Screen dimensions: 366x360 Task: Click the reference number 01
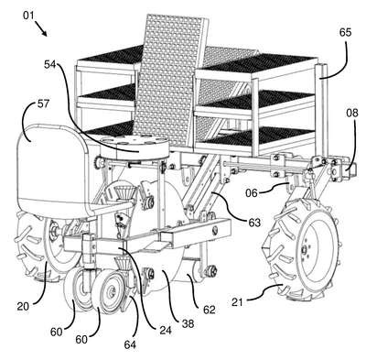29,16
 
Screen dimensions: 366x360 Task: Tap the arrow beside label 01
41,28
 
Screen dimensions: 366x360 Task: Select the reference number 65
345,32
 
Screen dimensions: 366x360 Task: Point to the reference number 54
51,64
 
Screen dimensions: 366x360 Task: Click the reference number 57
43,104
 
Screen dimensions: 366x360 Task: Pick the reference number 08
352,114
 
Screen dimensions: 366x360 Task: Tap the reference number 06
252,193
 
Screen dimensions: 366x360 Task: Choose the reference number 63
254,223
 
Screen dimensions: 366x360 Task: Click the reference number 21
238,302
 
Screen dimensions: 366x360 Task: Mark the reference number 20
24,306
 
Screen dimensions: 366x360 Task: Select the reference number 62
209,310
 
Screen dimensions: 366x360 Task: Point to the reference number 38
188,323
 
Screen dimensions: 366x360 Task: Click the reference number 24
165,330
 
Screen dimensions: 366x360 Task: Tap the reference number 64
130,344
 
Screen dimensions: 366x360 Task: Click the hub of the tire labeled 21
304,250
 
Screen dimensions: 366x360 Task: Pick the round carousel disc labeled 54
135,147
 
